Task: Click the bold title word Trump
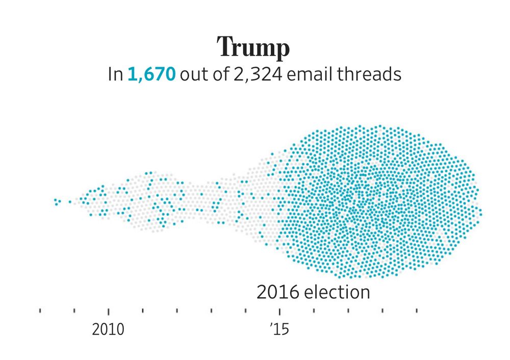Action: pyautogui.click(x=253, y=48)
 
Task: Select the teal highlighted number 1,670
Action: pyautogui.click(x=151, y=75)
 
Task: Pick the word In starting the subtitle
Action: pyautogui.click(x=115, y=75)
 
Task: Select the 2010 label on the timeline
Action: pyautogui.click(x=108, y=329)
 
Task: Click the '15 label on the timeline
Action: pyautogui.click(x=279, y=329)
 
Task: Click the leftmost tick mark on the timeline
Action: pyautogui.click(x=40, y=310)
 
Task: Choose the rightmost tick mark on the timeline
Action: pyautogui.click(x=417, y=310)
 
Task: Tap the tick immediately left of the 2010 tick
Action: pyautogui.click(x=74, y=310)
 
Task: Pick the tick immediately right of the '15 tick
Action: pyautogui.click(x=314, y=310)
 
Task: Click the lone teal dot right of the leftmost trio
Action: pyautogui.click(x=70, y=202)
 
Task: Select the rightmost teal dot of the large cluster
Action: pyautogui.click(x=480, y=211)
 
